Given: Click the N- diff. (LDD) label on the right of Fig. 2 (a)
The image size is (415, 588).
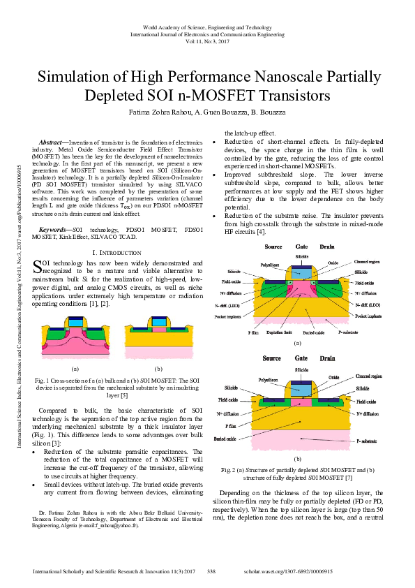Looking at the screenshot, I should [x=368, y=306].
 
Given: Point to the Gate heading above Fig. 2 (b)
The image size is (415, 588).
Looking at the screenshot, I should [x=302, y=358].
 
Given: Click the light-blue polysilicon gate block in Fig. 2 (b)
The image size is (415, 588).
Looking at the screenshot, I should [x=302, y=388].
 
